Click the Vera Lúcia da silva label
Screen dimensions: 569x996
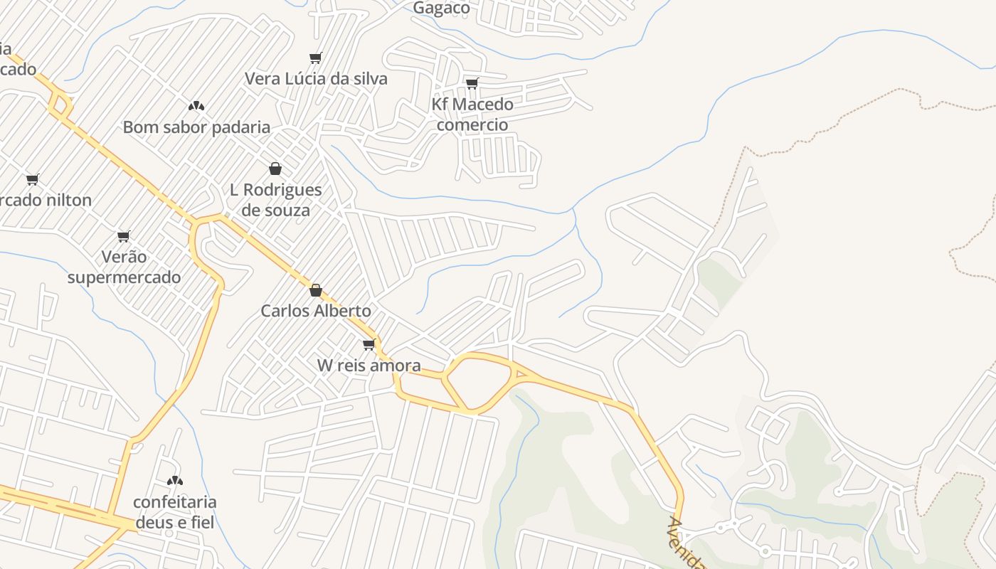(x=316, y=78)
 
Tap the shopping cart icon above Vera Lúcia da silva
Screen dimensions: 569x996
(x=315, y=58)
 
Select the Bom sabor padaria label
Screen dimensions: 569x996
(x=196, y=127)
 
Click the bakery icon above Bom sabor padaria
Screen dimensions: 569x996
(x=196, y=106)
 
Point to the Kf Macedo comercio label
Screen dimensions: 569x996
(x=472, y=115)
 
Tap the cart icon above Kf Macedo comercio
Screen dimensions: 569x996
(x=472, y=84)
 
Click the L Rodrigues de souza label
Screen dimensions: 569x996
(x=276, y=200)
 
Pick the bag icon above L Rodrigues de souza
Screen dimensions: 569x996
(x=275, y=169)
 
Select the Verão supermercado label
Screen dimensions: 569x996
(x=124, y=267)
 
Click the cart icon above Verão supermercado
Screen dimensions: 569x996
(x=124, y=236)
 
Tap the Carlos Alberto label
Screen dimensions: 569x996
(x=316, y=311)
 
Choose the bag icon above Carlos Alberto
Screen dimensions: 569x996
(x=316, y=290)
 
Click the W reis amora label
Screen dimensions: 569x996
(x=369, y=366)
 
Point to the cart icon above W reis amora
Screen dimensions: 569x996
(x=369, y=345)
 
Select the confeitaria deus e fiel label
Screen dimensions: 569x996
(x=175, y=512)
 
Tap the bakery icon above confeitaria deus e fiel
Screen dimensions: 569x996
(x=175, y=481)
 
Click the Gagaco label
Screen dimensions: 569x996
(x=442, y=9)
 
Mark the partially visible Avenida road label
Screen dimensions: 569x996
(x=684, y=544)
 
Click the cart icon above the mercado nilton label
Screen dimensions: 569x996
(x=32, y=179)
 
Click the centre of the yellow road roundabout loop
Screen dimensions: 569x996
(x=479, y=382)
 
